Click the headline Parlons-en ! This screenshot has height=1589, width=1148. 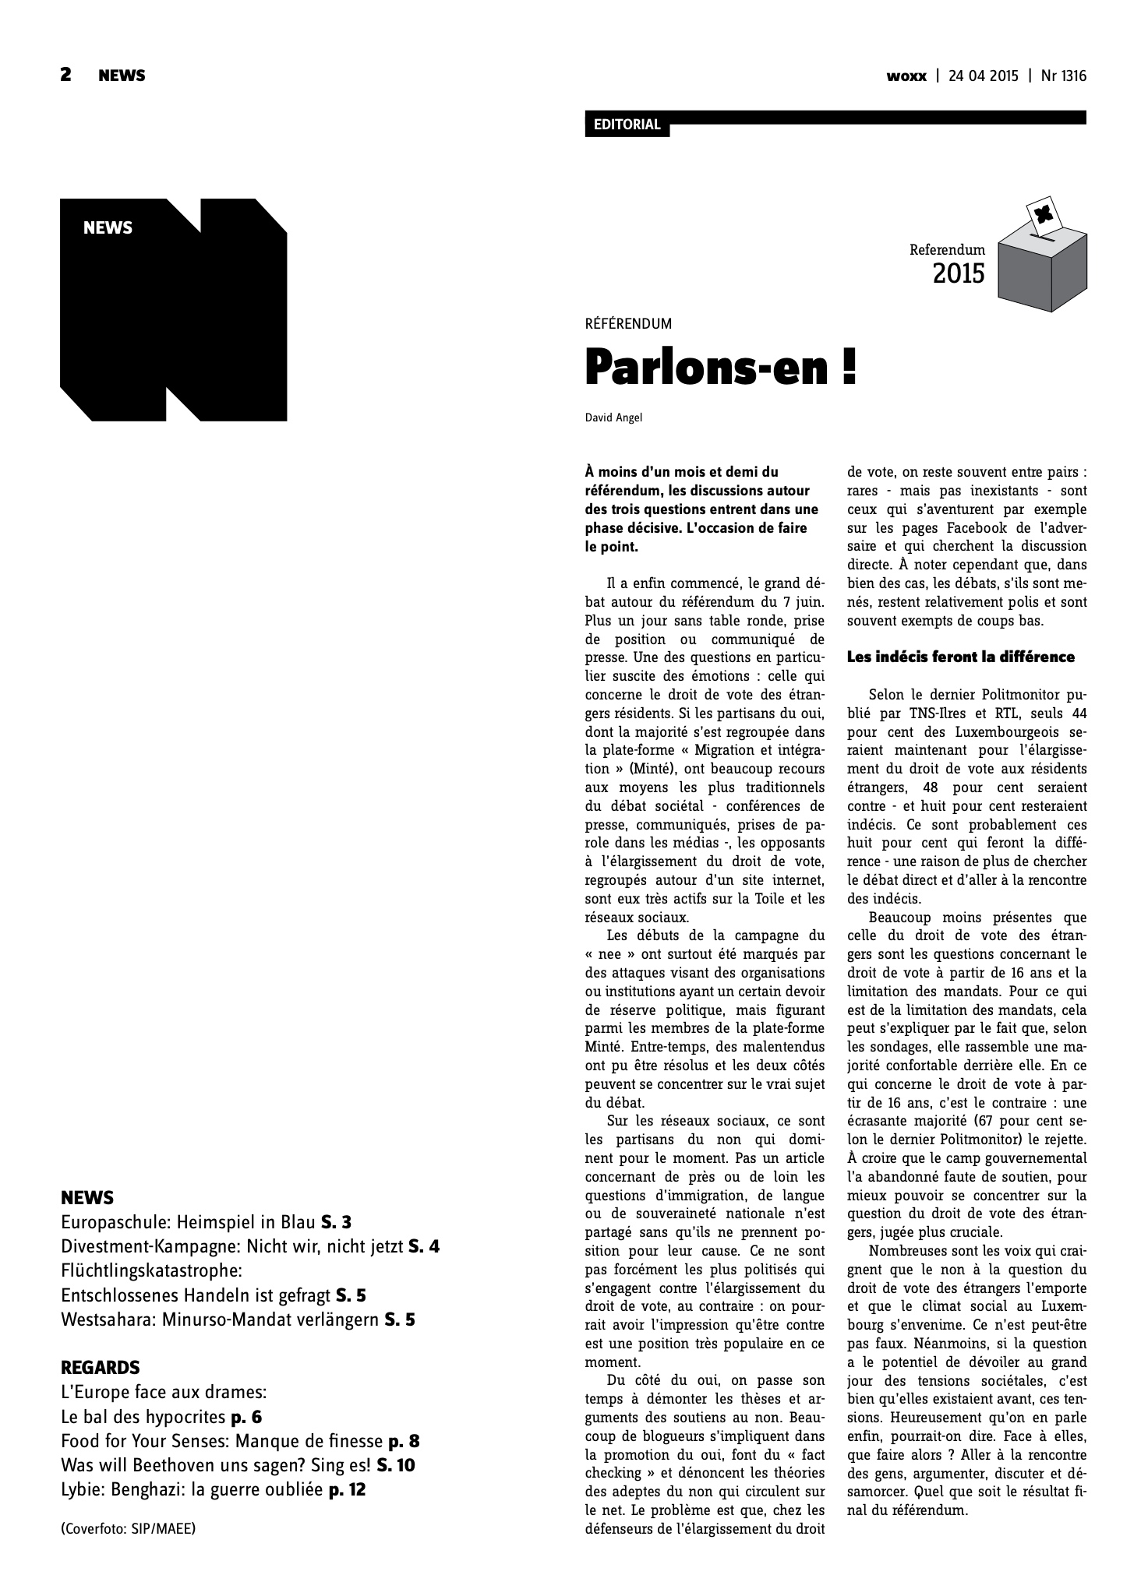click(720, 368)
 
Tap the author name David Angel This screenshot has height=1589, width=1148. click(613, 418)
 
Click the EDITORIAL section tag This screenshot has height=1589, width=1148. click(627, 125)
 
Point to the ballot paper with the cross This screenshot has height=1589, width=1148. click(1040, 215)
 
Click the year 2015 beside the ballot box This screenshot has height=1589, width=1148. click(958, 274)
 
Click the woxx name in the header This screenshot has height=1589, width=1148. click(906, 76)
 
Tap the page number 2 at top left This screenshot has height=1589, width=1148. click(66, 75)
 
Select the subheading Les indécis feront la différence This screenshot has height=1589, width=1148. click(960, 657)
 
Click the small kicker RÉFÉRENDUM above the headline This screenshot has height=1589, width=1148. click(627, 324)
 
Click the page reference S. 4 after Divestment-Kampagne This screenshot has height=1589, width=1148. click(424, 1247)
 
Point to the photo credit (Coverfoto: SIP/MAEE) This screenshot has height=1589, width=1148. click(128, 1528)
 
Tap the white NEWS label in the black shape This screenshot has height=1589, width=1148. click(108, 228)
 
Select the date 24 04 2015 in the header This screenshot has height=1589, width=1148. click(983, 76)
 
